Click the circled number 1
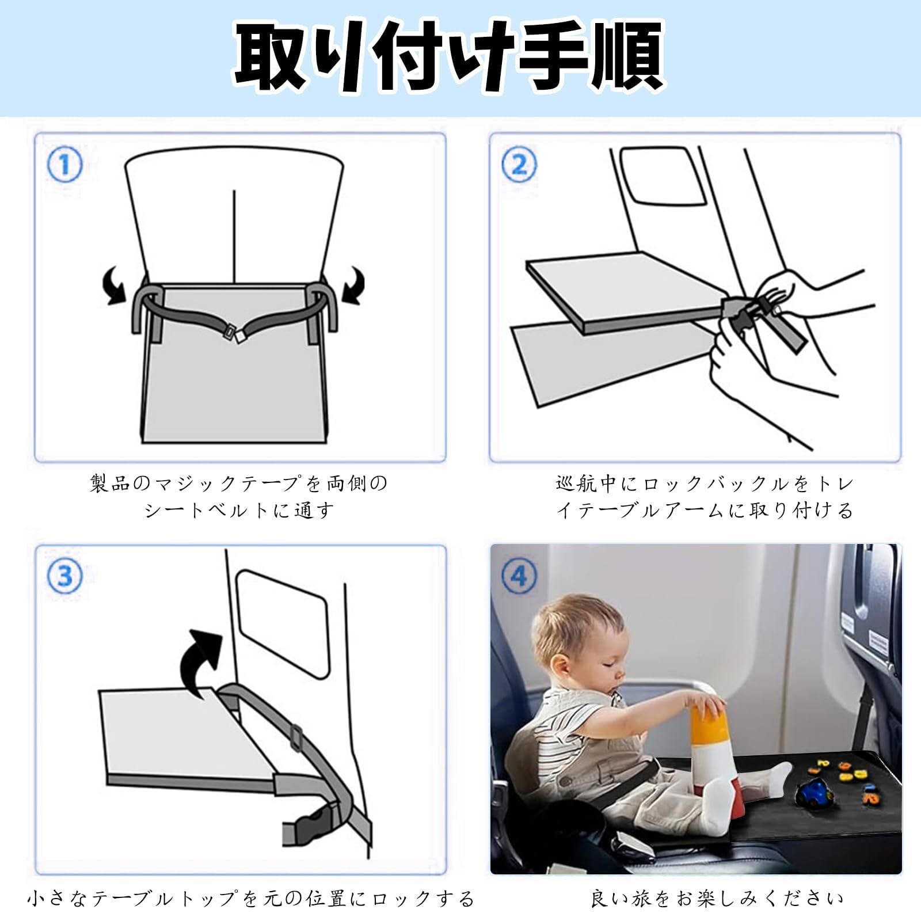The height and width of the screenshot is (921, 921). (x=64, y=165)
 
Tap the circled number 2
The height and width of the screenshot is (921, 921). (x=519, y=165)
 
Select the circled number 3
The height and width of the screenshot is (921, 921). (x=64, y=576)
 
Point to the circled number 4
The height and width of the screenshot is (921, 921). (x=519, y=576)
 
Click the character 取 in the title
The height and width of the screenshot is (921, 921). (x=271, y=58)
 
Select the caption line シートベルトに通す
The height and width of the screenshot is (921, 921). (x=239, y=511)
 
